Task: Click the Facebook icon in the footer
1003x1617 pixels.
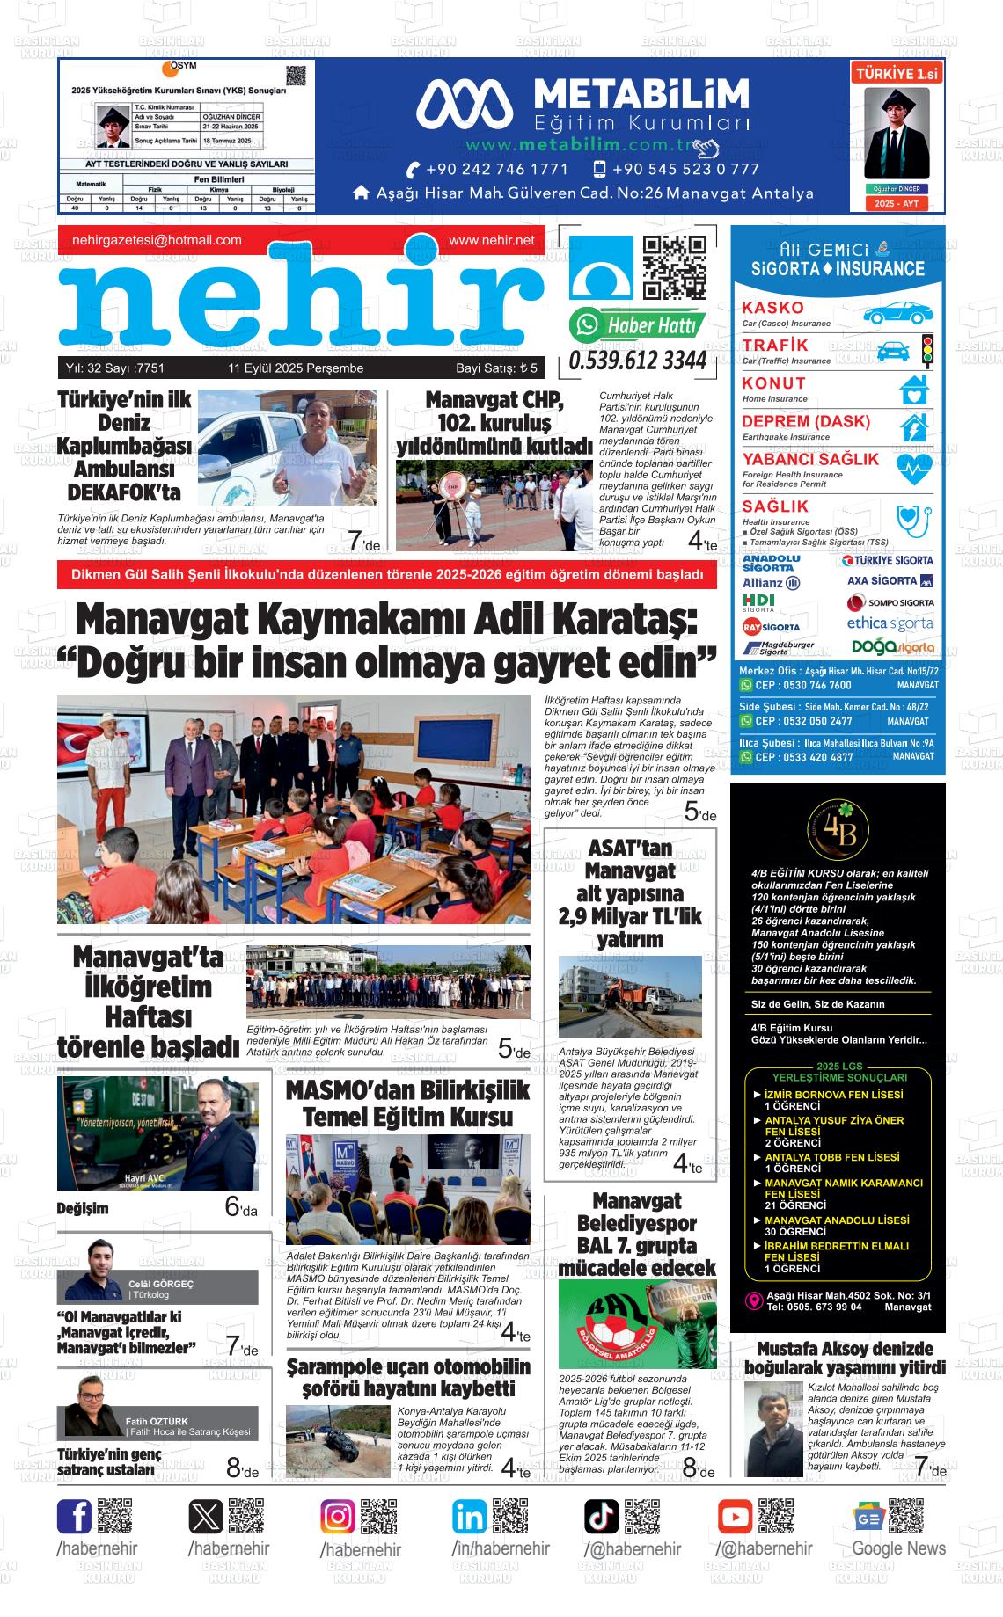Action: click(74, 1517)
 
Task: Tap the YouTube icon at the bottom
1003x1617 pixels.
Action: click(734, 1517)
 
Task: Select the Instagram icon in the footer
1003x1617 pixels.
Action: click(338, 1518)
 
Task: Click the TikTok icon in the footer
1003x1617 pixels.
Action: click(602, 1517)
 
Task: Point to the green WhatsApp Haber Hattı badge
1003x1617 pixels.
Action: click(638, 325)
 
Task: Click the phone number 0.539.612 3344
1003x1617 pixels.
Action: click(638, 361)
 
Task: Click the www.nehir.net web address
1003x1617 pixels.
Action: click(491, 240)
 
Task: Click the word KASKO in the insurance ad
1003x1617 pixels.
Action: click(772, 308)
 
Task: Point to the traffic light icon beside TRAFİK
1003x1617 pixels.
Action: click(926, 349)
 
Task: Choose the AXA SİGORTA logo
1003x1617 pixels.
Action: click(890, 581)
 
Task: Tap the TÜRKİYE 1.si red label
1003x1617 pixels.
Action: click(896, 75)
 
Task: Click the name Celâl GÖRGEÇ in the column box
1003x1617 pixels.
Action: click(161, 1284)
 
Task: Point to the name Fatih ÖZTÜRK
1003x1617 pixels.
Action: click(157, 1421)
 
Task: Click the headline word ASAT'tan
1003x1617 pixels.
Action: click(630, 849)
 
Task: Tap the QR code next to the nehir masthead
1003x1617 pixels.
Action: click(675, 267)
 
